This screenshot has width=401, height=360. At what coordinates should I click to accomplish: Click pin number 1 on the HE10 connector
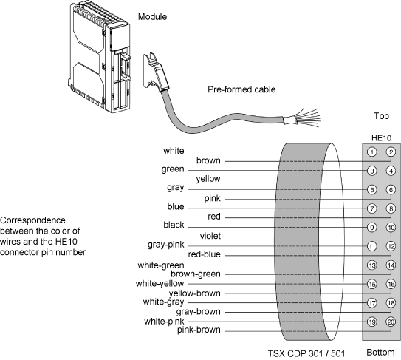coord(372,152)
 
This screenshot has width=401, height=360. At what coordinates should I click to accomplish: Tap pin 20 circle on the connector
coord(391,322)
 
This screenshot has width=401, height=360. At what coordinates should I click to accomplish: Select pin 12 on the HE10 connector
coord(391,246)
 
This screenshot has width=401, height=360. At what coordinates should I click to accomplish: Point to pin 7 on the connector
coord(372,208)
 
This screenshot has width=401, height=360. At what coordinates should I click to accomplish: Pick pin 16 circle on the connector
coord(391,284)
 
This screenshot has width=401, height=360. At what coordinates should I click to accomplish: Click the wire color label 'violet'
coord(210,236)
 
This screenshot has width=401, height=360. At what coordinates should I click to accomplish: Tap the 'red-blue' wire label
coord(204,254)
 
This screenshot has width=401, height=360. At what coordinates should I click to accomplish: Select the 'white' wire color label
coord(174,151)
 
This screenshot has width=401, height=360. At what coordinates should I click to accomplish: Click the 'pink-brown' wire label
coord(199,330)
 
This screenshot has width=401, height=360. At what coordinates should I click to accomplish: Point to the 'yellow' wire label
coord(208,179)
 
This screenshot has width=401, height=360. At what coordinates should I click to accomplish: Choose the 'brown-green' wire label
coord(196,274)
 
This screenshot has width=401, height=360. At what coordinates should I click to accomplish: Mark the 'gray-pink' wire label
coord(165,245)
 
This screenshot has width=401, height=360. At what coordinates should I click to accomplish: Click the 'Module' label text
coord(152,17)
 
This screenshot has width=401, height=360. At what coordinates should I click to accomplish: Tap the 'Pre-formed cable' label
coord(241,89)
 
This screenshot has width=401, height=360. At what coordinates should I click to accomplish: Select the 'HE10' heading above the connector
coord(381,138)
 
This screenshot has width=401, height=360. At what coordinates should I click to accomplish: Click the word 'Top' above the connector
coord(381,116)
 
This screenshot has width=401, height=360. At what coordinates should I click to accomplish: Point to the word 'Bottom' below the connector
coord(380,353)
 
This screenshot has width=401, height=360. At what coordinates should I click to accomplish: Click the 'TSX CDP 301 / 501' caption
coord(306,353)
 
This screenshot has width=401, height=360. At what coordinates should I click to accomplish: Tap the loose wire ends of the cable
coord(307,118)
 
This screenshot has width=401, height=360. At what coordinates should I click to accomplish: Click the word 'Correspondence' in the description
coord(32,220)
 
